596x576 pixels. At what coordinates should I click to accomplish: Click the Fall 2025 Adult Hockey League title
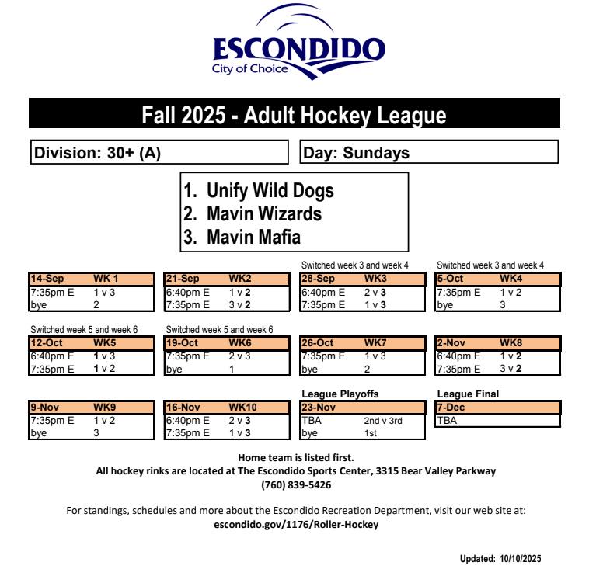pos(294,116)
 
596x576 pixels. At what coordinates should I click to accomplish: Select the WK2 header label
pos(240,278)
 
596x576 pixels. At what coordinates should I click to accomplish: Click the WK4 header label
pos(511,278)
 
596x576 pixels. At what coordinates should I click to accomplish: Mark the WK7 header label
pos(377,342)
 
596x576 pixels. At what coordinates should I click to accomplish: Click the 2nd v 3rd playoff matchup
pos(381,420)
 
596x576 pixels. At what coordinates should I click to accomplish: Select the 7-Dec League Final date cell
pos(451,407)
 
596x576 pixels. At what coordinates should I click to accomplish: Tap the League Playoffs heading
pos(340,394)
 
